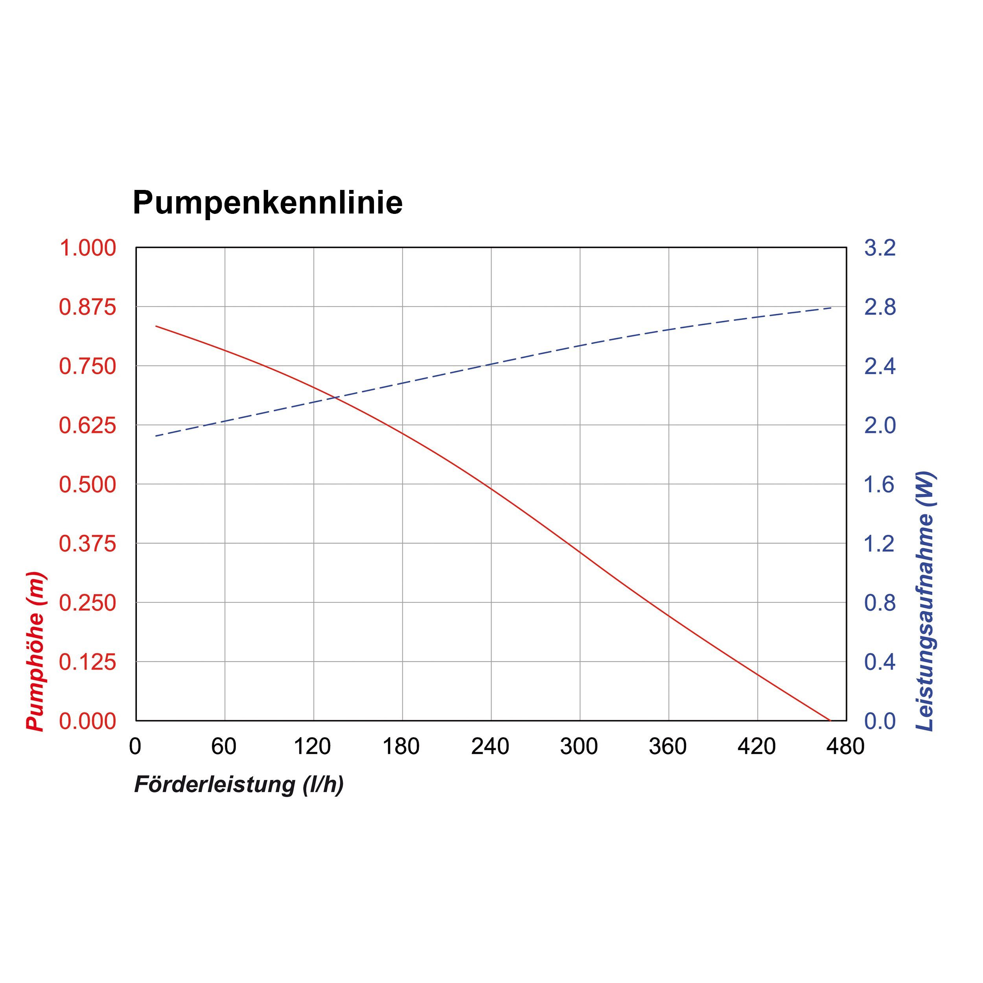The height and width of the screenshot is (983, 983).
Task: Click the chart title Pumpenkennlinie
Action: click(268, 202)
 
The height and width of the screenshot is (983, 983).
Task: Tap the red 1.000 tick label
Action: click(88, 248)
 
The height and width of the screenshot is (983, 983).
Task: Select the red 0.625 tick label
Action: click(88, 425)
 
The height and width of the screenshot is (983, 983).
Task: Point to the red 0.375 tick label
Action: click(88, 544)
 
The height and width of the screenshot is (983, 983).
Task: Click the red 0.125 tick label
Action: click(88, 663)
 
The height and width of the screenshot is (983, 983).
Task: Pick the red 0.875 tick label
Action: click(88, 307)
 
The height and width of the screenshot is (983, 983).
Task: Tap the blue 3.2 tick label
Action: click(880, 248)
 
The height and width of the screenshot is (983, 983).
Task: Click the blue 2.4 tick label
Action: click(880, 366)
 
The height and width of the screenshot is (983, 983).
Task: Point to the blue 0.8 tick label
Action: click(880, 603)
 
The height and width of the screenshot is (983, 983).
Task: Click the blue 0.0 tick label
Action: click(880, 722)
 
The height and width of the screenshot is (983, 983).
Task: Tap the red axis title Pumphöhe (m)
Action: click(36, 652)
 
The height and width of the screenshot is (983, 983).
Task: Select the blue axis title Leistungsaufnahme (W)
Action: click(924, 602)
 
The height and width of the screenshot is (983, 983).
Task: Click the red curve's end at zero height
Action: click(829, 720)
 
